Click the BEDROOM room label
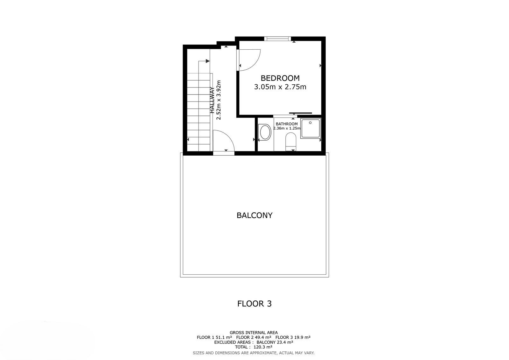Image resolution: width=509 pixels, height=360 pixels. click(x=280, y=78)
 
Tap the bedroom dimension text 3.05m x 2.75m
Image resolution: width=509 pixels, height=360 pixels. click(x=280, y=87)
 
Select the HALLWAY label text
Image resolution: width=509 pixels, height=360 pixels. click(x=212, y=100)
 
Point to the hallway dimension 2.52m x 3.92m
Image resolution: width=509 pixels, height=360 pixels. click(x=218, y=100)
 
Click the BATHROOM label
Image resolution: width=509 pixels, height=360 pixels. click(x=287, y=124)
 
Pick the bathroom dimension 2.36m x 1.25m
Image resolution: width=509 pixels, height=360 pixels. click(x=287, y=128)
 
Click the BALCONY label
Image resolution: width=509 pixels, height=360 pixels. click(x=254, y=215)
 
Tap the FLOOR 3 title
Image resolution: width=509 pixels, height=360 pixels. click(x=254, y=304)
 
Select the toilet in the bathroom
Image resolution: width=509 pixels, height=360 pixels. click(x=291, y=141)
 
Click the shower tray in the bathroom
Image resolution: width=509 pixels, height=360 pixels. click(x=310, y=128)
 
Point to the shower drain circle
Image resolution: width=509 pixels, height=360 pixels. click(x=310, y=123)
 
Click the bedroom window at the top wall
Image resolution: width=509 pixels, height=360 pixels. click(x=277, y=39)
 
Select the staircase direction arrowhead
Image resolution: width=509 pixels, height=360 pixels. click(x=208, y=61)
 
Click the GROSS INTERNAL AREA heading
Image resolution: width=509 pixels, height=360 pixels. click(x=254, y=333)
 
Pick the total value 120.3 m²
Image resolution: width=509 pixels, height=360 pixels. click(x=263, y=347)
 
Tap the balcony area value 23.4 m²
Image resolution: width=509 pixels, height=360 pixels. click(x=284, y=342)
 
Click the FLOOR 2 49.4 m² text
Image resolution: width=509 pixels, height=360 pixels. click(x=254, y=337)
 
